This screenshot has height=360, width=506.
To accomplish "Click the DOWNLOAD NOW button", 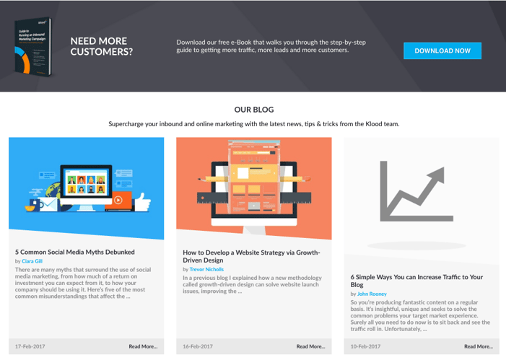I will coord(442,51).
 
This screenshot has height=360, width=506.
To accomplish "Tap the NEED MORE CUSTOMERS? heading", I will coord(102,46).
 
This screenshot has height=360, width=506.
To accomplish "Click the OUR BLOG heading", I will coord(253,110).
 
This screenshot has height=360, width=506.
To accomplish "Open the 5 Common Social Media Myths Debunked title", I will coord(75,252).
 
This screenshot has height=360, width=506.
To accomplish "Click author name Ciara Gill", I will coord(32,261).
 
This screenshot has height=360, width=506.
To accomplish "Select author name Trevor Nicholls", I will coord(206,269).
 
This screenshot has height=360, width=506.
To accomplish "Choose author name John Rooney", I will coord(372,294).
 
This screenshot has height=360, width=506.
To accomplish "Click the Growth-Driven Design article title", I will coord(250,256).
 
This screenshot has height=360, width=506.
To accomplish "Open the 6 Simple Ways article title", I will coord(416,281).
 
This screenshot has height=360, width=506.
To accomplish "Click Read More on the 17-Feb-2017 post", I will coord(143,346).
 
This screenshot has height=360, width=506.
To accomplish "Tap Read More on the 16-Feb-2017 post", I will coord(310,346).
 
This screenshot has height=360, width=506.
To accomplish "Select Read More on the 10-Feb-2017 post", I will coord(478,346).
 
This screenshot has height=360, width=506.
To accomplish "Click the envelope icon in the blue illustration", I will coord(49,205).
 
